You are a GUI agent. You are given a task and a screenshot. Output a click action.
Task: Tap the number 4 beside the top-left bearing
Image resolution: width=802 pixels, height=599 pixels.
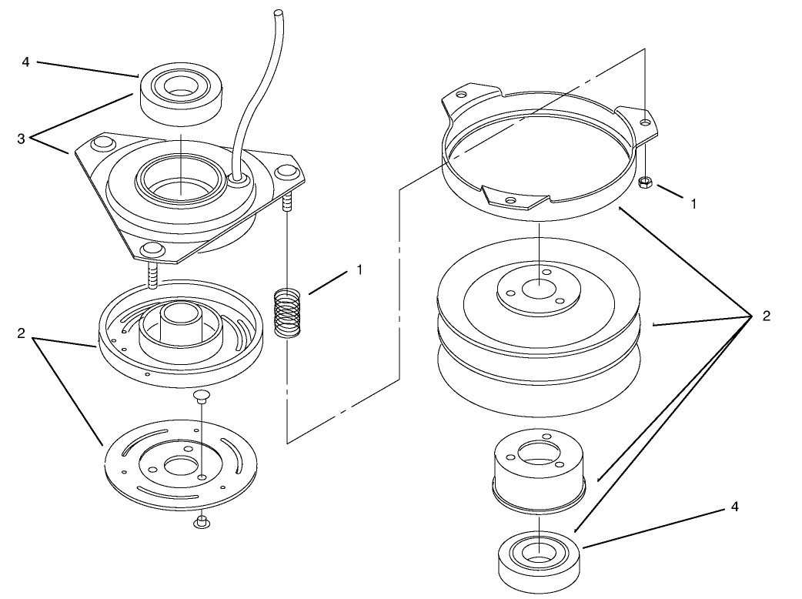[26, 60]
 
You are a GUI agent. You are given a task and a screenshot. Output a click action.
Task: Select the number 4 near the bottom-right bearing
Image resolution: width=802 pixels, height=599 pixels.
[734, 507]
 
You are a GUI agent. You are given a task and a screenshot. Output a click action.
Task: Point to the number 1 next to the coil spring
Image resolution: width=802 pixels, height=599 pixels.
[359, 269]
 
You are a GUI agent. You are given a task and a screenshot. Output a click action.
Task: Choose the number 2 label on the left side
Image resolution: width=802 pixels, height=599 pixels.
[22, 333]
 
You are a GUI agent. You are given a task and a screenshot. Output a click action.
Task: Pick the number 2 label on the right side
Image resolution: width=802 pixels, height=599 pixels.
[766, 315]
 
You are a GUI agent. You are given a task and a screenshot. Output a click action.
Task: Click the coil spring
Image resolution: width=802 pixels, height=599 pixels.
[287, 313]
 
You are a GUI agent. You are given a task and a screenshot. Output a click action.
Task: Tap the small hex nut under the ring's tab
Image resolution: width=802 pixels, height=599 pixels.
[647, 182]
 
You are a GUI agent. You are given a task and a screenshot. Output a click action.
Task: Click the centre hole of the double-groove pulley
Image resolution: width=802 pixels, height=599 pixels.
[538, 289]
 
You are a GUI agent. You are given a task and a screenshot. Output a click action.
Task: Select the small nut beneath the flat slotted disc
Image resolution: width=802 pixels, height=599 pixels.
[202, 523]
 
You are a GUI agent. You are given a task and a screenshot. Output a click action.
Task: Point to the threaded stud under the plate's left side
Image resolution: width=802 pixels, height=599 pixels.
[152, 274]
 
